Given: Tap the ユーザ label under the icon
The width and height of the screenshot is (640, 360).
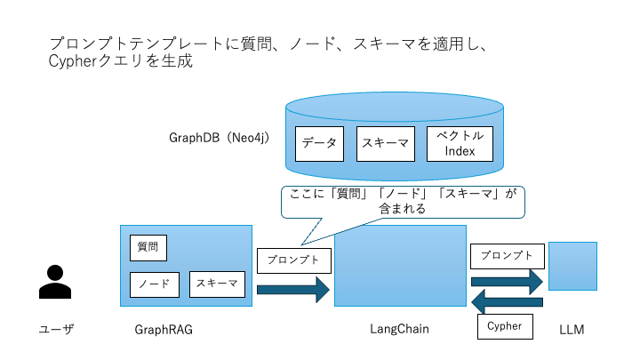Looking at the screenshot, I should [55, 330].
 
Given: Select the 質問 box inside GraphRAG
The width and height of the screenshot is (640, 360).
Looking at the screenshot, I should [148, 246].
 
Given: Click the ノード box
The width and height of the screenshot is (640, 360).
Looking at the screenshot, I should [155, 284].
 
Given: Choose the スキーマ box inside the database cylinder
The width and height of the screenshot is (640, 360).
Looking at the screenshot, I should [385, 143].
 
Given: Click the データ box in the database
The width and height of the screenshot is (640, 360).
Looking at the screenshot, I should [319, 143].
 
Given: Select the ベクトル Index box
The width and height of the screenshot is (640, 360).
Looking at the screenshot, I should [460, 143].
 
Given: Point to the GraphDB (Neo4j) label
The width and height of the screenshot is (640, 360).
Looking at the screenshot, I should [219, 139].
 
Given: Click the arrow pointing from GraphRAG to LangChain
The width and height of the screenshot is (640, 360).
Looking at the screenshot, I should [292, 289].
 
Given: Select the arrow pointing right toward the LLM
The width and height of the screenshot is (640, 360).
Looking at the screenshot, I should [507, 280].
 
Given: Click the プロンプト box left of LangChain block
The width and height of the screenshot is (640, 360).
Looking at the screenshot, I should [293, 260].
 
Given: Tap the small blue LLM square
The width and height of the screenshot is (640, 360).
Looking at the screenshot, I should [572, 266].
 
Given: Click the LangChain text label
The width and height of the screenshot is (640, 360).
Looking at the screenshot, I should [399, 330].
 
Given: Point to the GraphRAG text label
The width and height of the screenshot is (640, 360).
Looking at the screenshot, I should [164, 330].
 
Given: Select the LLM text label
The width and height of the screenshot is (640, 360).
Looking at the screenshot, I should [572, 330].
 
